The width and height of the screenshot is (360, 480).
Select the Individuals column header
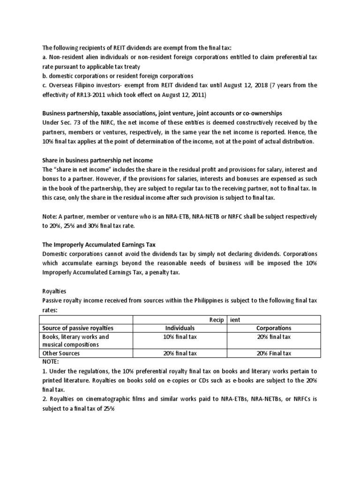pyautogui.click(x=180, y=328)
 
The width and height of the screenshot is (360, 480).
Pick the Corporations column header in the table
pyautogui.click(x=274, y=328)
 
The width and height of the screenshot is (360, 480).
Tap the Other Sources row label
pyautogui.click(x=61, y=353)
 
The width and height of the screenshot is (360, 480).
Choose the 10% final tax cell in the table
pyautogui.click(x=180, y=337)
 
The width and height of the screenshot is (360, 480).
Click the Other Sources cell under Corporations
pyautogui.click(x=274, y=353)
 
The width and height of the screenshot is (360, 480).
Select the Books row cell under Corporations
pyautogui.click(x=274, y=337)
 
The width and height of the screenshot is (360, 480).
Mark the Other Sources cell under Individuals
pyautogui.click(x=180, y=353)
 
